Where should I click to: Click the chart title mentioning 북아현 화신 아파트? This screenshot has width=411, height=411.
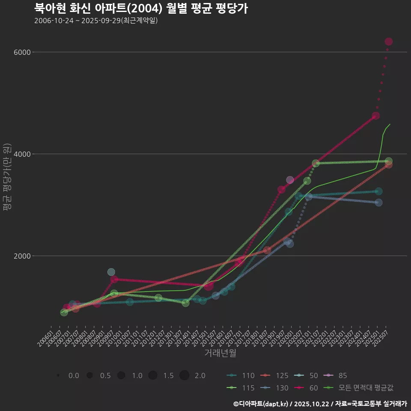141,9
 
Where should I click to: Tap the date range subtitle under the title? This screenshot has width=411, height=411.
96,21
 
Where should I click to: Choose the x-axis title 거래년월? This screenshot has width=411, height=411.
220,353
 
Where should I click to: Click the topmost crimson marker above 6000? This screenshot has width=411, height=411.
389,42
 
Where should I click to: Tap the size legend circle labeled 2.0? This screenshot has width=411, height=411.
184,375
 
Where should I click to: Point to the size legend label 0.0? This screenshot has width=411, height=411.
74,376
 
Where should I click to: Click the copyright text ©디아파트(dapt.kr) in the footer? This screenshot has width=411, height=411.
261,404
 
